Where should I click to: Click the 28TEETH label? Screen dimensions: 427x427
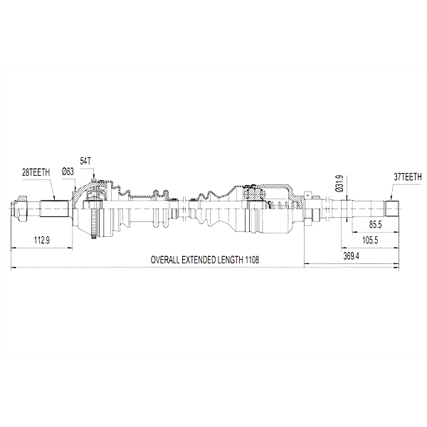[36, 172]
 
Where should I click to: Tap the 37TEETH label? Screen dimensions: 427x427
[407, 177]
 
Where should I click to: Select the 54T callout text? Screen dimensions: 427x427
[85, 161]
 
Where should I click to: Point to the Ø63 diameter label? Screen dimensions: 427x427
[68, 172]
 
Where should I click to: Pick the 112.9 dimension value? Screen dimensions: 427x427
[42, 241]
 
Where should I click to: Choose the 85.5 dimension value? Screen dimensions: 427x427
[376, 225]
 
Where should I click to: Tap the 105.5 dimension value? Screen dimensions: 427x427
[370, 241]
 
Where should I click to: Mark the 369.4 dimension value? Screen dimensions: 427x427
[351, 256]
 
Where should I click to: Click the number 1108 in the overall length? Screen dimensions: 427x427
[252, 260]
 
